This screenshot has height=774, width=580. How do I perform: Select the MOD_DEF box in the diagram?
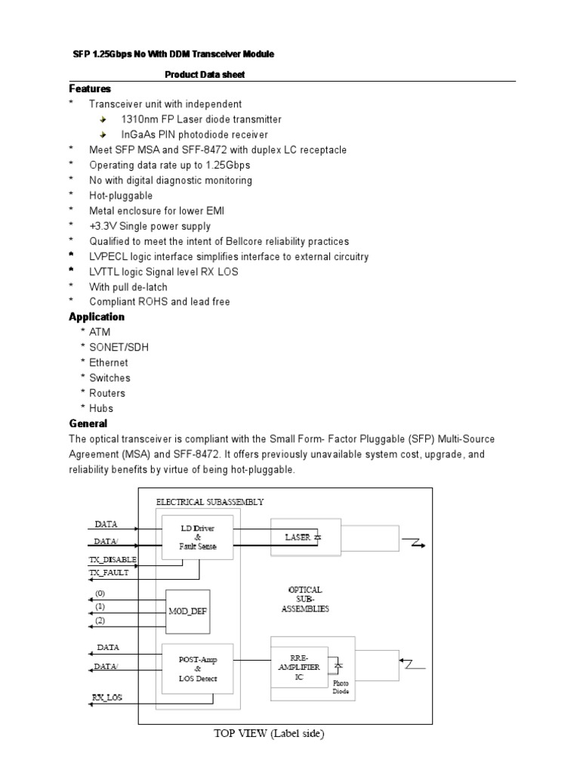click(187, 611)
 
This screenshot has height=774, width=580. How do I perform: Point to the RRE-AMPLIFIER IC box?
click(300, 668)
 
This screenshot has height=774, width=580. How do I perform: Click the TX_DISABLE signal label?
click(113, 559)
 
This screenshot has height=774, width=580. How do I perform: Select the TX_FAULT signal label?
click(110, 572)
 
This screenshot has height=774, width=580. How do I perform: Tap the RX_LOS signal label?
click(107, 698)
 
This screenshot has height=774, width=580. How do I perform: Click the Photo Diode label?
click(341, 686)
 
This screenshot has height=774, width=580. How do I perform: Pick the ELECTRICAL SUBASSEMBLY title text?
click(210, 501)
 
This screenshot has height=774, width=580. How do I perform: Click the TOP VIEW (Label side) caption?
click(267, 735)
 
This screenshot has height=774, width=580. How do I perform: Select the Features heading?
click(90, 89)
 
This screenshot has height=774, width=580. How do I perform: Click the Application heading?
click(97, 317)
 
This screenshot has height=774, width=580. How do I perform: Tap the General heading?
click(88, 423)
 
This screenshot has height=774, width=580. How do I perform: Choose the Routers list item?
click(107, 393)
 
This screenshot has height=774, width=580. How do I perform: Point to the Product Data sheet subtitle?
click(205, 74)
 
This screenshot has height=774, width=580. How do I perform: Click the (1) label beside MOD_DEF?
click(100, 606)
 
